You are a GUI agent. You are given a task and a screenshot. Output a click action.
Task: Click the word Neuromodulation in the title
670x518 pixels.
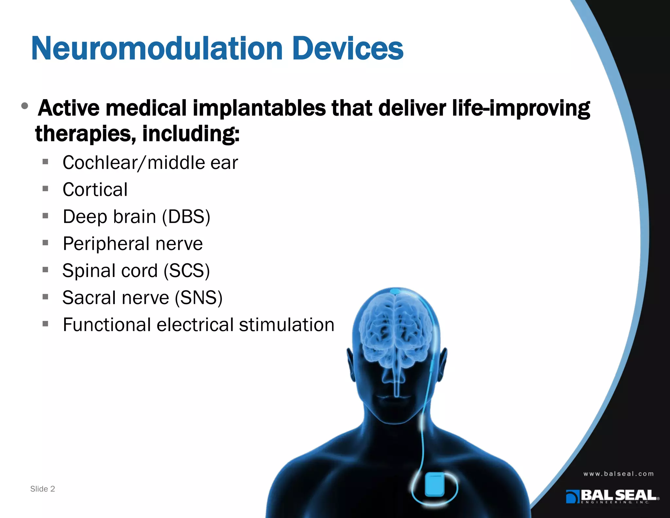tap(157, 48)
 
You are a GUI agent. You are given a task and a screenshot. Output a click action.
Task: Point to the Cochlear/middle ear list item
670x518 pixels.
tap(150, 163)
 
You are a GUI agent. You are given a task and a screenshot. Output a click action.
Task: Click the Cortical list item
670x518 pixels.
tap(95, 190)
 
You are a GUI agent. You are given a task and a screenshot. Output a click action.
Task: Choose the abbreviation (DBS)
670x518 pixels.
tap(186, 217)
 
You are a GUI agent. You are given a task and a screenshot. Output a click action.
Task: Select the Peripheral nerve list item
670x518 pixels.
tap(133, 244)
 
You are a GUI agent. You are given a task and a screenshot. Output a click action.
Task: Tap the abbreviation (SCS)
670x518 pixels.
tap(186, 271)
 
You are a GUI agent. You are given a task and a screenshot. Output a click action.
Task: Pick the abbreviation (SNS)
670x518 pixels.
tap(199, 298)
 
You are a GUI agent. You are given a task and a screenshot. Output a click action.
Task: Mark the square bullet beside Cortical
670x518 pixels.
tap(45, 189)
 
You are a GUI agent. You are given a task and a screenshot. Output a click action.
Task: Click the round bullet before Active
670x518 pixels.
tap(25, 106)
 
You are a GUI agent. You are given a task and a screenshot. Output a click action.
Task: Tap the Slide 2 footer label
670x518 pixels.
tap(43, 489)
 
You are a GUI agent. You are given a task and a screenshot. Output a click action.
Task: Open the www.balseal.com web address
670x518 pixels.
tap(618, 474)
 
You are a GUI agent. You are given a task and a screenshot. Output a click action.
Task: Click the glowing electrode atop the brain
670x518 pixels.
tap(395, 291)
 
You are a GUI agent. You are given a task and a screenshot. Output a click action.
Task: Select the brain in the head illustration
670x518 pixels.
tap(397, 331)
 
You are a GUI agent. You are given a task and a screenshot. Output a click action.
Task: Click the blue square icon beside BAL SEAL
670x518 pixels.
tap(573, 496)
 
